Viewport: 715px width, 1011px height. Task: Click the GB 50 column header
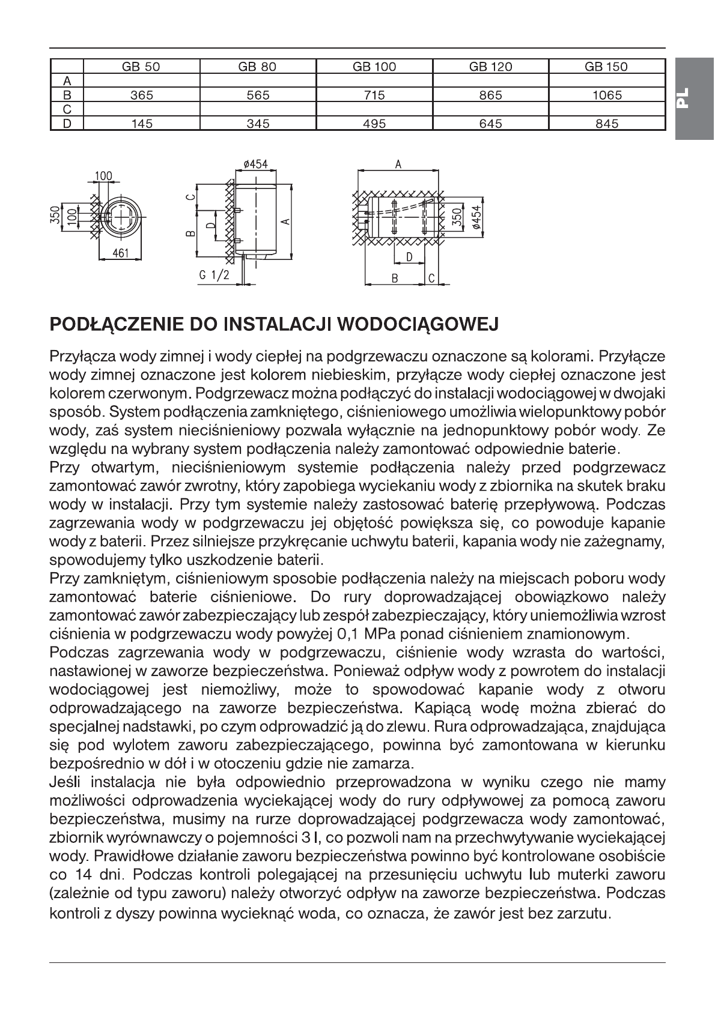141,67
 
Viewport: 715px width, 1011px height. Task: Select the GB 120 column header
490,67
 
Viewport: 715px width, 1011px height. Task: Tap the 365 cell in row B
141,95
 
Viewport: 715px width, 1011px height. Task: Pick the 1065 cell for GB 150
606,95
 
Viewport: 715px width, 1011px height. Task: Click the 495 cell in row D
374,124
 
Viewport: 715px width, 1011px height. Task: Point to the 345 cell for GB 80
258,124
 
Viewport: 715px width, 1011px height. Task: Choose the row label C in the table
67,109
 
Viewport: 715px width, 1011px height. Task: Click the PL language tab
694,98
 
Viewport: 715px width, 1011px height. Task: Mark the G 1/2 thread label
212,275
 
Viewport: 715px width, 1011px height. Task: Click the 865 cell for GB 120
490,95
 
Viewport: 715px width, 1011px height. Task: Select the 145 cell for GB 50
141,124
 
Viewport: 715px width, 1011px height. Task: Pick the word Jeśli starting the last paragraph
68,782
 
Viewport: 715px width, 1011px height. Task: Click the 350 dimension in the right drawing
457,217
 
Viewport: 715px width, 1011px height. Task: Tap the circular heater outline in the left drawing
121,217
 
